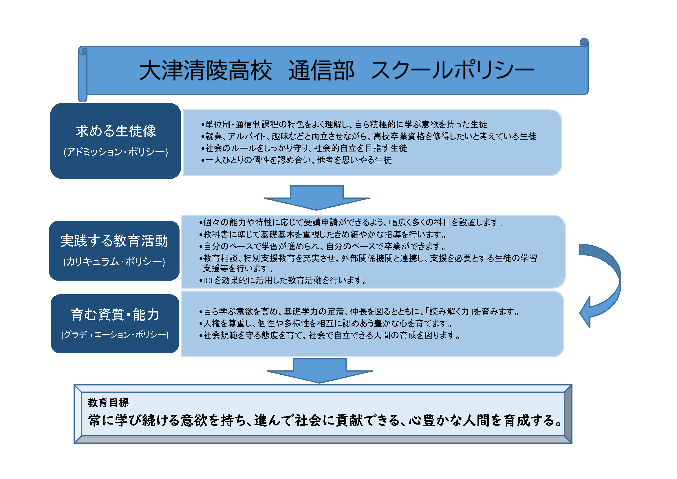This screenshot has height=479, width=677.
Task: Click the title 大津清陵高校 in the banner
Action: pos(206,70)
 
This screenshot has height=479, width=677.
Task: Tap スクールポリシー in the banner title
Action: pos(453,70)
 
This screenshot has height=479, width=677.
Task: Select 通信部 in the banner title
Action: pos(321,70)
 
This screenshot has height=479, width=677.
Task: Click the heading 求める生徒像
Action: pos(116,131)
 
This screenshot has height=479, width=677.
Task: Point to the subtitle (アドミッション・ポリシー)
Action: pos(116,152)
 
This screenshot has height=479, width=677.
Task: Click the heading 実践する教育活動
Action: pos(114,241)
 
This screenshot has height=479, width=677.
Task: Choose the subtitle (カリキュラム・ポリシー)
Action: pos(114,262)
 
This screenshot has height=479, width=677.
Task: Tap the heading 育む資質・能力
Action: pos(115,315)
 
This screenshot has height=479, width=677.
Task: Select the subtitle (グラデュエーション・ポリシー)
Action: pos(115,335)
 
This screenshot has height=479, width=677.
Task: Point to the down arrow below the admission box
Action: pos(317,198)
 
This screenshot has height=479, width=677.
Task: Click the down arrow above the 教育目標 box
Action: pos(320,371)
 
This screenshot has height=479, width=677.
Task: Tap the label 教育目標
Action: pos(108,402)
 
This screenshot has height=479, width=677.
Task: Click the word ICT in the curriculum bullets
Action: pos(208,281)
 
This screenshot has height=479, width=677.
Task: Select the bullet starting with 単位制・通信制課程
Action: pos(344,125)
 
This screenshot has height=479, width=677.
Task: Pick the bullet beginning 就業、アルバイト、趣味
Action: pos(369,136)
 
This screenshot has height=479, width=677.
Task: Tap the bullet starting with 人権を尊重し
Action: pos(326,323)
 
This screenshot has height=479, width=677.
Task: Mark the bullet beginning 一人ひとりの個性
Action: pos(296,160)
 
